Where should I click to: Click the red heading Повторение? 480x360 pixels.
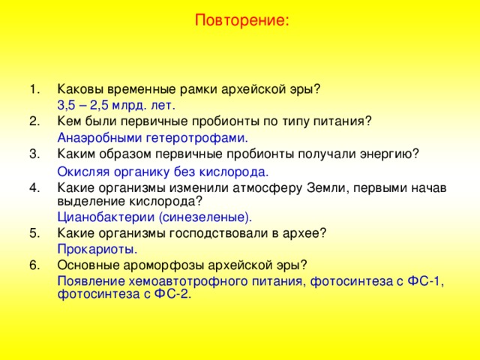(x=241, y=21)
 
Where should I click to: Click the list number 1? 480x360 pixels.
(x=35, y=89)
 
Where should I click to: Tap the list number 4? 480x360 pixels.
(x=35, y=187)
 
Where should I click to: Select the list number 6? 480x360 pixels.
(x=35, y=265)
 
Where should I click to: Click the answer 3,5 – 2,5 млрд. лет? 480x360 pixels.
(x=116, y=106)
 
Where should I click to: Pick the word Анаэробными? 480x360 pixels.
(x=100, y=138)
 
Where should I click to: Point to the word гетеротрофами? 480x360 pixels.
(x=196, y=138)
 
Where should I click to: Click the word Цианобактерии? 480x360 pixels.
(x=106, y=217)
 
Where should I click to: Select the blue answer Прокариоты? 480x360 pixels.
(x=97, y=249)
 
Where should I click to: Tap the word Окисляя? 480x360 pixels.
(x=83, y=172)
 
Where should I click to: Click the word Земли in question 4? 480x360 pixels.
(x=328, y=187)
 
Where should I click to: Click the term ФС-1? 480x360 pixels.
(x=425, y=281)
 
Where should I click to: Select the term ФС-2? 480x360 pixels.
(x=172, y=294)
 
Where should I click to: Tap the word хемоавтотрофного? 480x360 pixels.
(x=188, y=281)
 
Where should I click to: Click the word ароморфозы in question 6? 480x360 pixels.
(x=163, y=265)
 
